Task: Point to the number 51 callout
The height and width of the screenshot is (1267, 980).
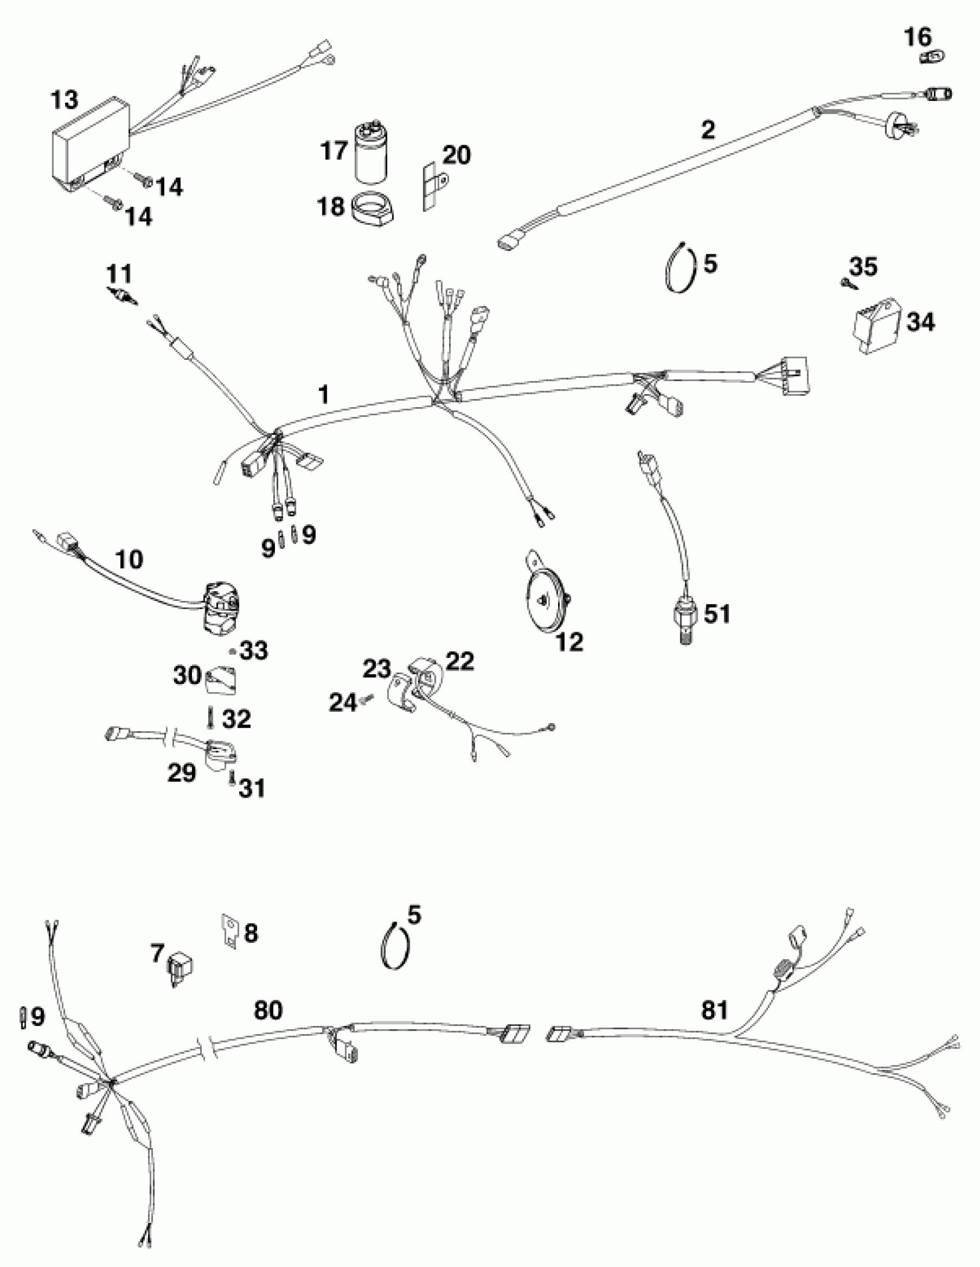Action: click(x=717, y=614)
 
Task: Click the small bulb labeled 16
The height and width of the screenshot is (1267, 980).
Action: click(x=933, y=57)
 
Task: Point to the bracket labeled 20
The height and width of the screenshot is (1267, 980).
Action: click(x=432, y=186)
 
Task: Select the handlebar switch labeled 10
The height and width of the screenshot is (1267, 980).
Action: click(x=220, y=607)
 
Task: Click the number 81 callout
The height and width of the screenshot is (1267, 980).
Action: click(x=714, y=1027)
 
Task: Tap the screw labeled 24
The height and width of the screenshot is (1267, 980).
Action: click(x=367, y=701)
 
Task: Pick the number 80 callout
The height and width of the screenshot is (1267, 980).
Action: click(x=268, y=1027)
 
